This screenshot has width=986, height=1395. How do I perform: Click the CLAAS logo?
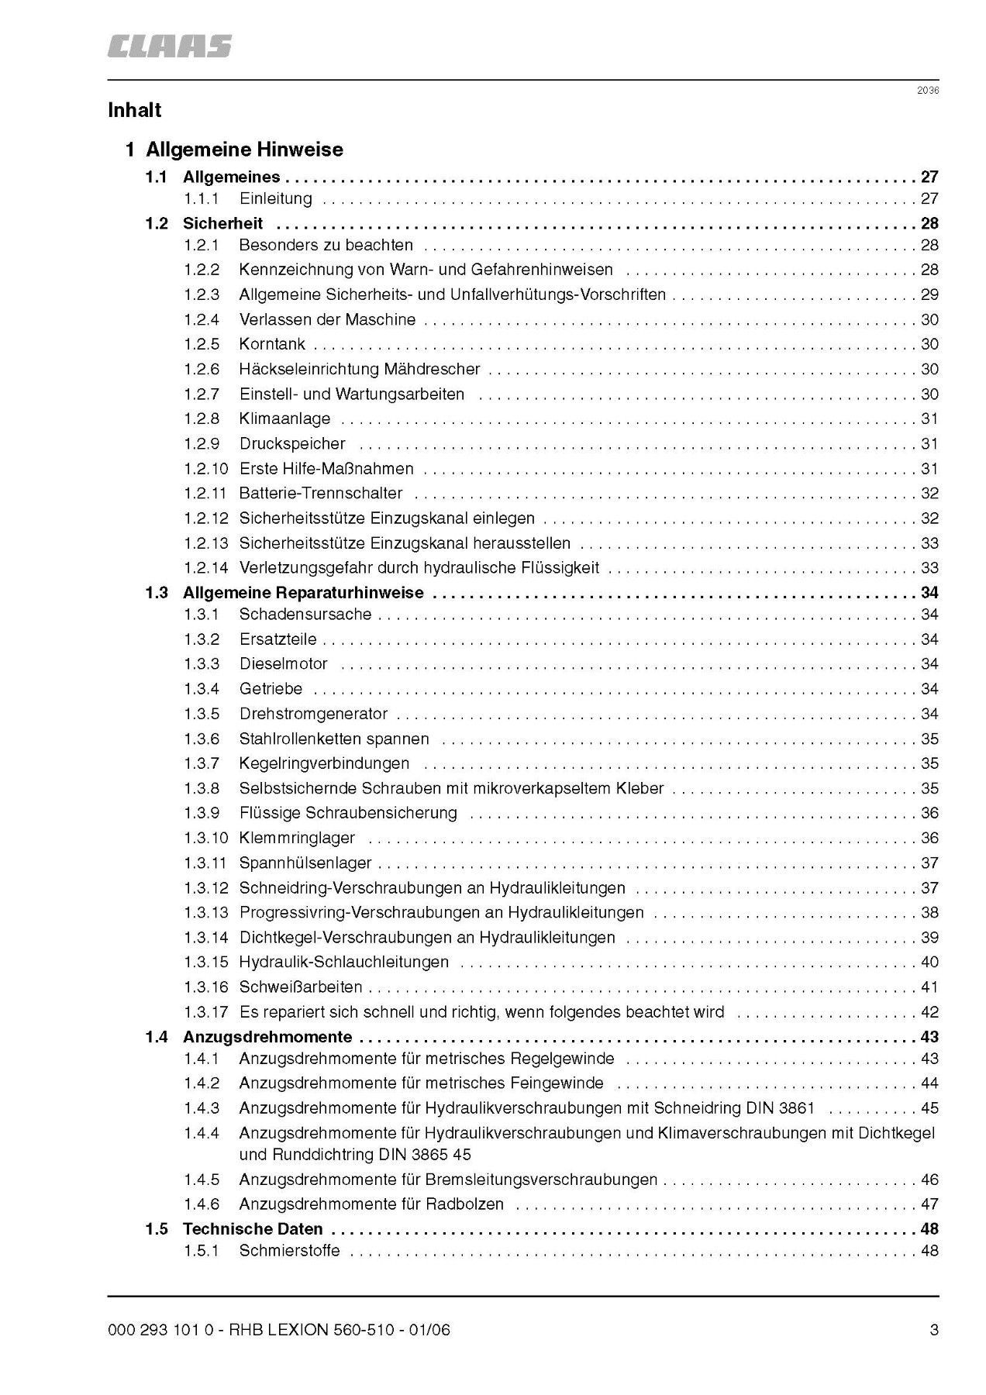click(x=169, y=46)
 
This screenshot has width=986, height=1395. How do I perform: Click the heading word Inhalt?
click(x=135, y=110)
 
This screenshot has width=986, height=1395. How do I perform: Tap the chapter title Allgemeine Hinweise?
click(x=244, y=149)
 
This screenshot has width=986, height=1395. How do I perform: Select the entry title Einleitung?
click(x=275, y=198)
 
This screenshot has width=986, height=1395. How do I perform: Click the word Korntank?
click(x=272, y=344)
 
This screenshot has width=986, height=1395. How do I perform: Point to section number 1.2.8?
click(x=202, y=418)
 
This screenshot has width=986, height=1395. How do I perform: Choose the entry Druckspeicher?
click(x=292, y=444)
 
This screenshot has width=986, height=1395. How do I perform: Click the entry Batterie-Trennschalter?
click(x=321, y=494)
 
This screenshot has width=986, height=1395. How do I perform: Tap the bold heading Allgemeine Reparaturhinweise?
click(x=303, y=593)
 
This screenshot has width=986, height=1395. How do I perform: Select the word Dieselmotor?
click(x=283, y=664)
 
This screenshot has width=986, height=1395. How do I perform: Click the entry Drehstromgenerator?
click(x=313, y=714)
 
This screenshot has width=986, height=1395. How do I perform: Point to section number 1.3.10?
click(x=205, y=838)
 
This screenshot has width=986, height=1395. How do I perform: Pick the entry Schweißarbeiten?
click(x=301, y=987)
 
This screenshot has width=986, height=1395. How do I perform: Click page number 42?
click(x=929, y=1012)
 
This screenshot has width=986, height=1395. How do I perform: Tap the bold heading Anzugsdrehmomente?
click(x=267, y=1037)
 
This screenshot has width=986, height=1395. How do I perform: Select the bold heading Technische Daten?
click(x=253, y=1229)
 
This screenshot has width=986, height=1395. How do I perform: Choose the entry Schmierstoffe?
click(x=289, y=1251)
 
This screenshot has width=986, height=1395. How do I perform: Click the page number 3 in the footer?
click(x=934, y=1331)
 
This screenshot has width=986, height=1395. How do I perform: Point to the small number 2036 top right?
click(x=928, y=91)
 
